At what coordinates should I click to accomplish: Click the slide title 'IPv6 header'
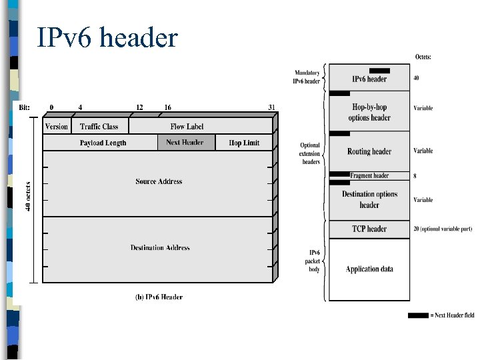coord(107,37)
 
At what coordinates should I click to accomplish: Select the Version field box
coord(57,127)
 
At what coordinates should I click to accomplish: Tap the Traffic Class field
coord(99,127)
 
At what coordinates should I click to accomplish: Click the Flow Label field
coord(187,127)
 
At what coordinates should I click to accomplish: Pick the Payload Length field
coord(103,143)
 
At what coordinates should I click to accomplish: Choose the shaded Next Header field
coord(185,143)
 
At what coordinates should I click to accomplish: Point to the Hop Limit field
coord(244,143)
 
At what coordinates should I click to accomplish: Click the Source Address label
coord(159,181)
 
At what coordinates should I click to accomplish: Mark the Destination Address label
coord(160,248)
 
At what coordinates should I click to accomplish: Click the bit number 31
coord(271,107)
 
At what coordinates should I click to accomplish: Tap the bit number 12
coord(139,107)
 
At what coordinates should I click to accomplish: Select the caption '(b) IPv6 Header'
coord(159,297)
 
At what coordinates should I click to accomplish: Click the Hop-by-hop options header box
coord(369,112)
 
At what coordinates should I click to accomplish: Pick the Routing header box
coord(369,151)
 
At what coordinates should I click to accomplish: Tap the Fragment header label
coord(369,176)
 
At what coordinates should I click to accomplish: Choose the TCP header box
coord(369,229)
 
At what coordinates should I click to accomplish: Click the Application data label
coord(369,269)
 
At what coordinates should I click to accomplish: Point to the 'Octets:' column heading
coord(423,57)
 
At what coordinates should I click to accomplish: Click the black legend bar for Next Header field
coord(418,315)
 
